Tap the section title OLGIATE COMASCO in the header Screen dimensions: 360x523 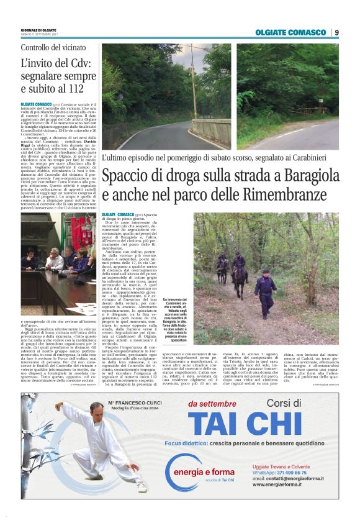point(290,32)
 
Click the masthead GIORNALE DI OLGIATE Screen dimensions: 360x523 point(38,30)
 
